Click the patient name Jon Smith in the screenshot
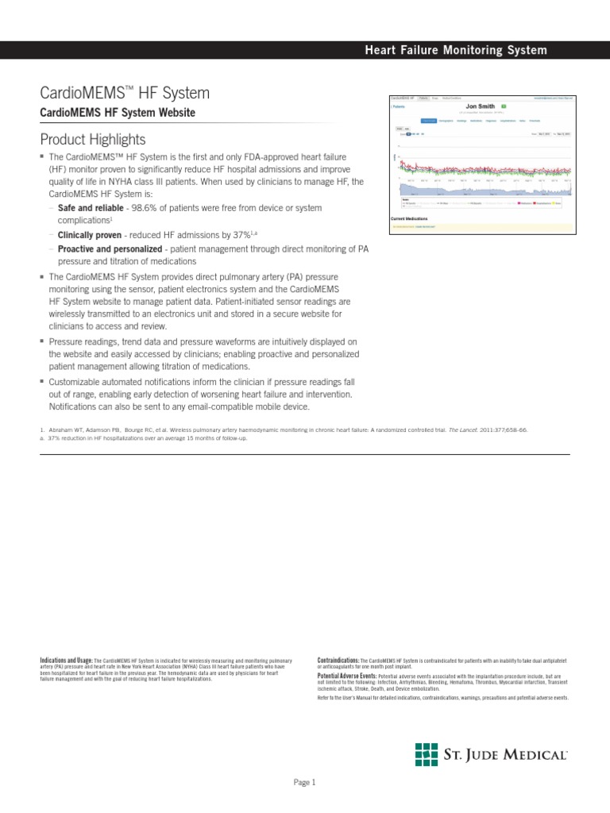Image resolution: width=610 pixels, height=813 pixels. pos(480,106)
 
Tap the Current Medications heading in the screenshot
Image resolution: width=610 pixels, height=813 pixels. pos(410,217)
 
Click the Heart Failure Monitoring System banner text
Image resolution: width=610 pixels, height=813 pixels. pos(455,50)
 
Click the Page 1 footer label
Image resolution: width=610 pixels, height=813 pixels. pos(305,782)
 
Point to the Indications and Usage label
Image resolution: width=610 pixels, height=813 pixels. pos(66,660)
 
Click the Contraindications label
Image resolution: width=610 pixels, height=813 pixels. pos(338,660)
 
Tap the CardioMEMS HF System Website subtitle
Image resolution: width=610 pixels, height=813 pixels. pos(118,113)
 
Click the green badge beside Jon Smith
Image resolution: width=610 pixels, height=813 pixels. pos(504,106)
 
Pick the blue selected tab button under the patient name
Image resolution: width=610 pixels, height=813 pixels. pos(429,121)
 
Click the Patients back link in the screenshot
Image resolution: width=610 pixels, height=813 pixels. pos(398,106)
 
